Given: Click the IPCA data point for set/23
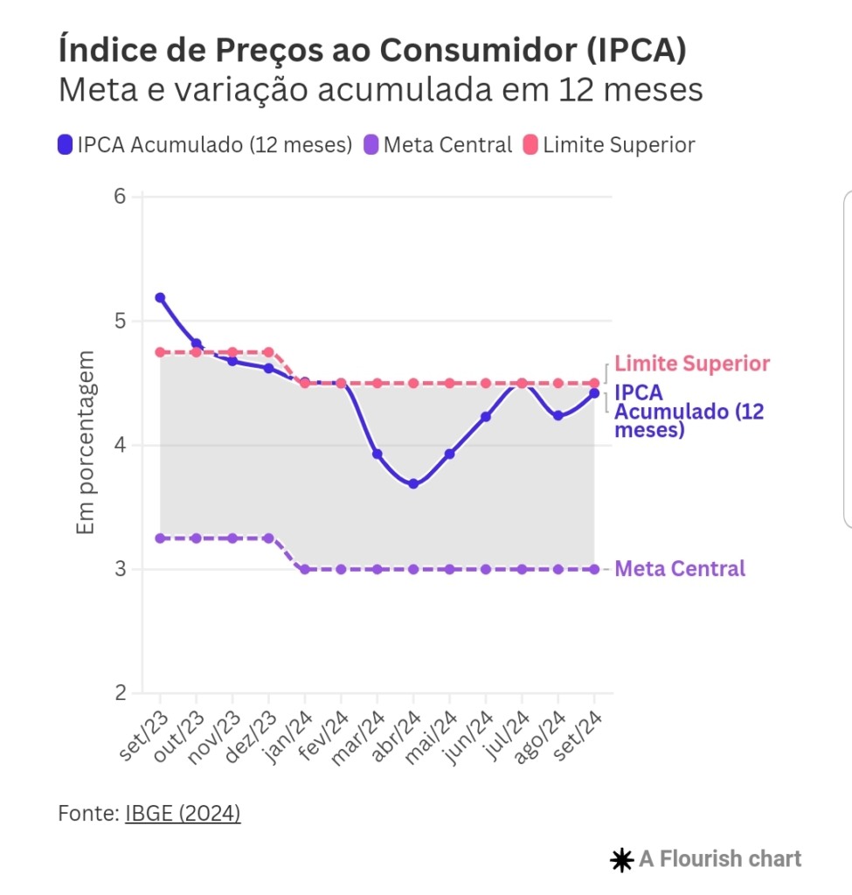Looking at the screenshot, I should [x=160, y=298].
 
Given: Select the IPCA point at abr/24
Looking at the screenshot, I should [x=413, y=483].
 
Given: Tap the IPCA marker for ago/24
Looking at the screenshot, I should [x=558, y=416].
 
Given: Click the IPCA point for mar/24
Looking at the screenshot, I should [x=377, y=454].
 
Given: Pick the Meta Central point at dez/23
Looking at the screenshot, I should [x=268, y=538].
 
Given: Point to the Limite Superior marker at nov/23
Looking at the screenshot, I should [x=232, y=352].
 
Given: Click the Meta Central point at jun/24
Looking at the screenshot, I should [x=486, y=569].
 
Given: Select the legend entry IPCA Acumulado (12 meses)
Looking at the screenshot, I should [x=204, y=145].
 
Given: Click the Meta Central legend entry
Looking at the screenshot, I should [x=437, y=145].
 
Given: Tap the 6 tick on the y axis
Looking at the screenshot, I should [x=121, y=197].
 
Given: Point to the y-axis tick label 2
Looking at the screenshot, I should [x=121, y=694].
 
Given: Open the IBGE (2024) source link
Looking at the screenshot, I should [x=183, y=814].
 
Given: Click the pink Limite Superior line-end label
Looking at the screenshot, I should [x=692, y=364].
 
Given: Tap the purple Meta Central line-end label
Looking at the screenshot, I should [x=680, y=569].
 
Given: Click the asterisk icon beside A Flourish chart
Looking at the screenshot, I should [x=621, y=860].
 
